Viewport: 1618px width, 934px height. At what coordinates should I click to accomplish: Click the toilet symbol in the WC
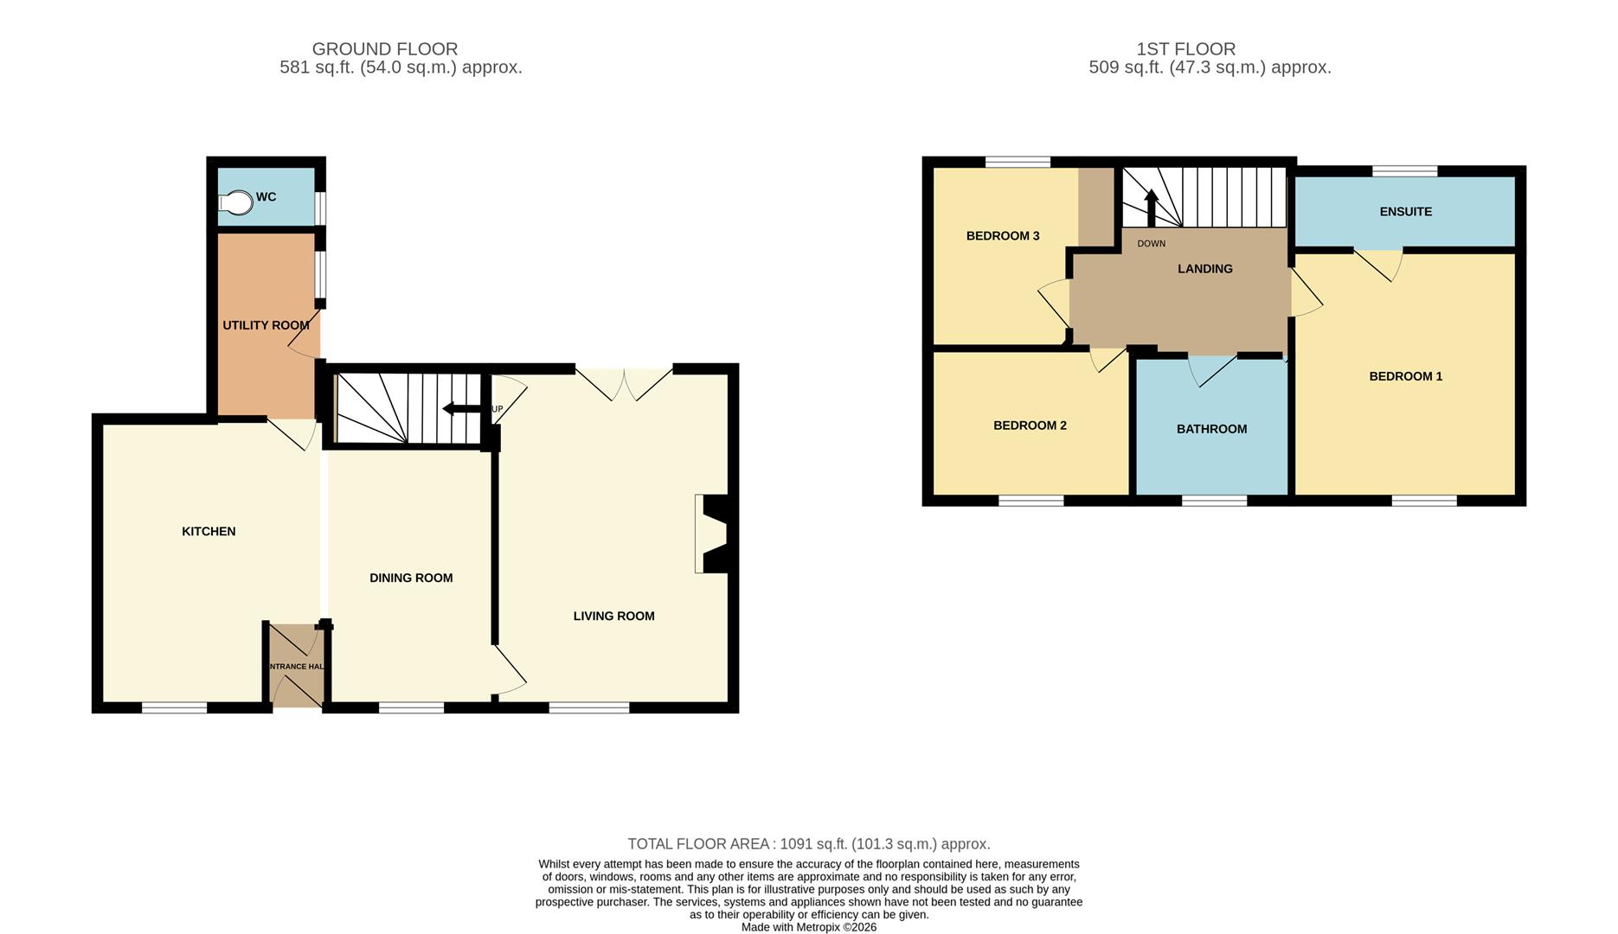235,202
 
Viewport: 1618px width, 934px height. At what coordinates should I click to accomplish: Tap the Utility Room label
266,325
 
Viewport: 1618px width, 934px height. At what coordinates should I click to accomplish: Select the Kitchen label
209,531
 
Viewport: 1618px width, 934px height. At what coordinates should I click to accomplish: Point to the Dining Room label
411,578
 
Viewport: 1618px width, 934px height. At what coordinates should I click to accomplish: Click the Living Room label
613,616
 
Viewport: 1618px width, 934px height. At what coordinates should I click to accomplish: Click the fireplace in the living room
715,534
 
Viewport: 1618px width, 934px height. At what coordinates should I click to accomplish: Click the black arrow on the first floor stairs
1151,208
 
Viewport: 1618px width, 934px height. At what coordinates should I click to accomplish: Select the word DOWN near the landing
1152,244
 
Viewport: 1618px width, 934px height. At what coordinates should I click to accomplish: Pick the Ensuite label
1406,211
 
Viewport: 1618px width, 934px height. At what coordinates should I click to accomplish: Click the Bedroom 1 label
1406,376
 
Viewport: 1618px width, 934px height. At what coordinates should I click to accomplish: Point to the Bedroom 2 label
1030,425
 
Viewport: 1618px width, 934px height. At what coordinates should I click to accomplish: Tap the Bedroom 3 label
1003,235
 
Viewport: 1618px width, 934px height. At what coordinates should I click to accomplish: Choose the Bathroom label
1211,429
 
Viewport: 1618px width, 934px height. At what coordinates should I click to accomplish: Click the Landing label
1205,269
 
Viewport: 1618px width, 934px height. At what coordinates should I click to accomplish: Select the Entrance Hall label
297,667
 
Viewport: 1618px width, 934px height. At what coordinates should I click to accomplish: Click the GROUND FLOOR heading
385,49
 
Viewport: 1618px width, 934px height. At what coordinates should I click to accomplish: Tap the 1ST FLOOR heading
1186,49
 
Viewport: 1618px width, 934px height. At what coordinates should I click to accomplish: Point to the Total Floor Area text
809,844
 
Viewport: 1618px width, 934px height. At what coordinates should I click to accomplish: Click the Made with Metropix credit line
809,927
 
